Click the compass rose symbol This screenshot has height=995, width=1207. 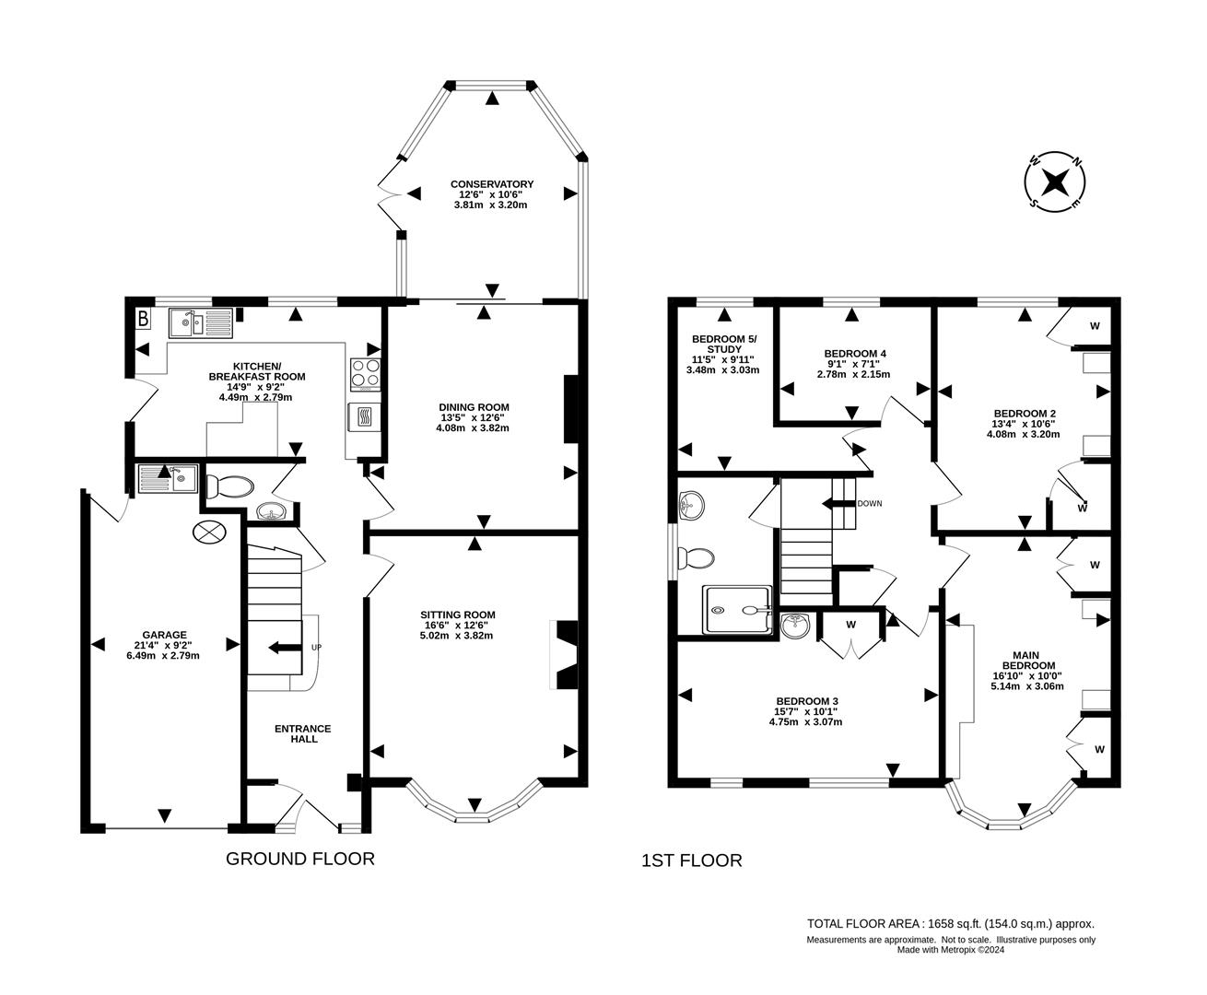pos(1055,180)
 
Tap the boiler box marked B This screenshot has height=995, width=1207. pos(143,320)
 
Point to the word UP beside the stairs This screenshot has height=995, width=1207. pos(316,648)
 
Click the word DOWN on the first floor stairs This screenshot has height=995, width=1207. pos(869,504)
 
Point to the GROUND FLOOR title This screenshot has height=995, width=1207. pos(300,860)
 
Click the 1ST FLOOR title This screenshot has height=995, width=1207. pos(691,861)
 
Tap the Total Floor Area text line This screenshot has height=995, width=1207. pos(950,923)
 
